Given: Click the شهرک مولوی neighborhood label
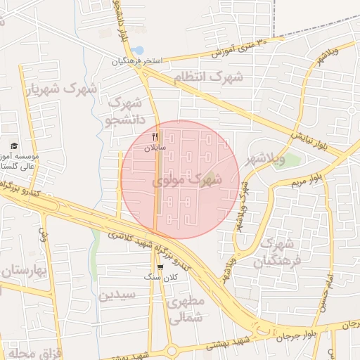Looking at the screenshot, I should [x=187, y=181].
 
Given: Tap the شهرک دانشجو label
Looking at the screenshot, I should [x=127, y=112].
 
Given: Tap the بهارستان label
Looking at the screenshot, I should [x=21, y=271].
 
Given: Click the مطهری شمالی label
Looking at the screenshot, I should [x=186, y=310].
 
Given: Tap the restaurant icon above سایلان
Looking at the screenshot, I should [x=155, y=136].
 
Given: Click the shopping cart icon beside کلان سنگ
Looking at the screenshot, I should [x=161, y=267].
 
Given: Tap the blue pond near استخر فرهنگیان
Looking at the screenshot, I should [x=137, y=51].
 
